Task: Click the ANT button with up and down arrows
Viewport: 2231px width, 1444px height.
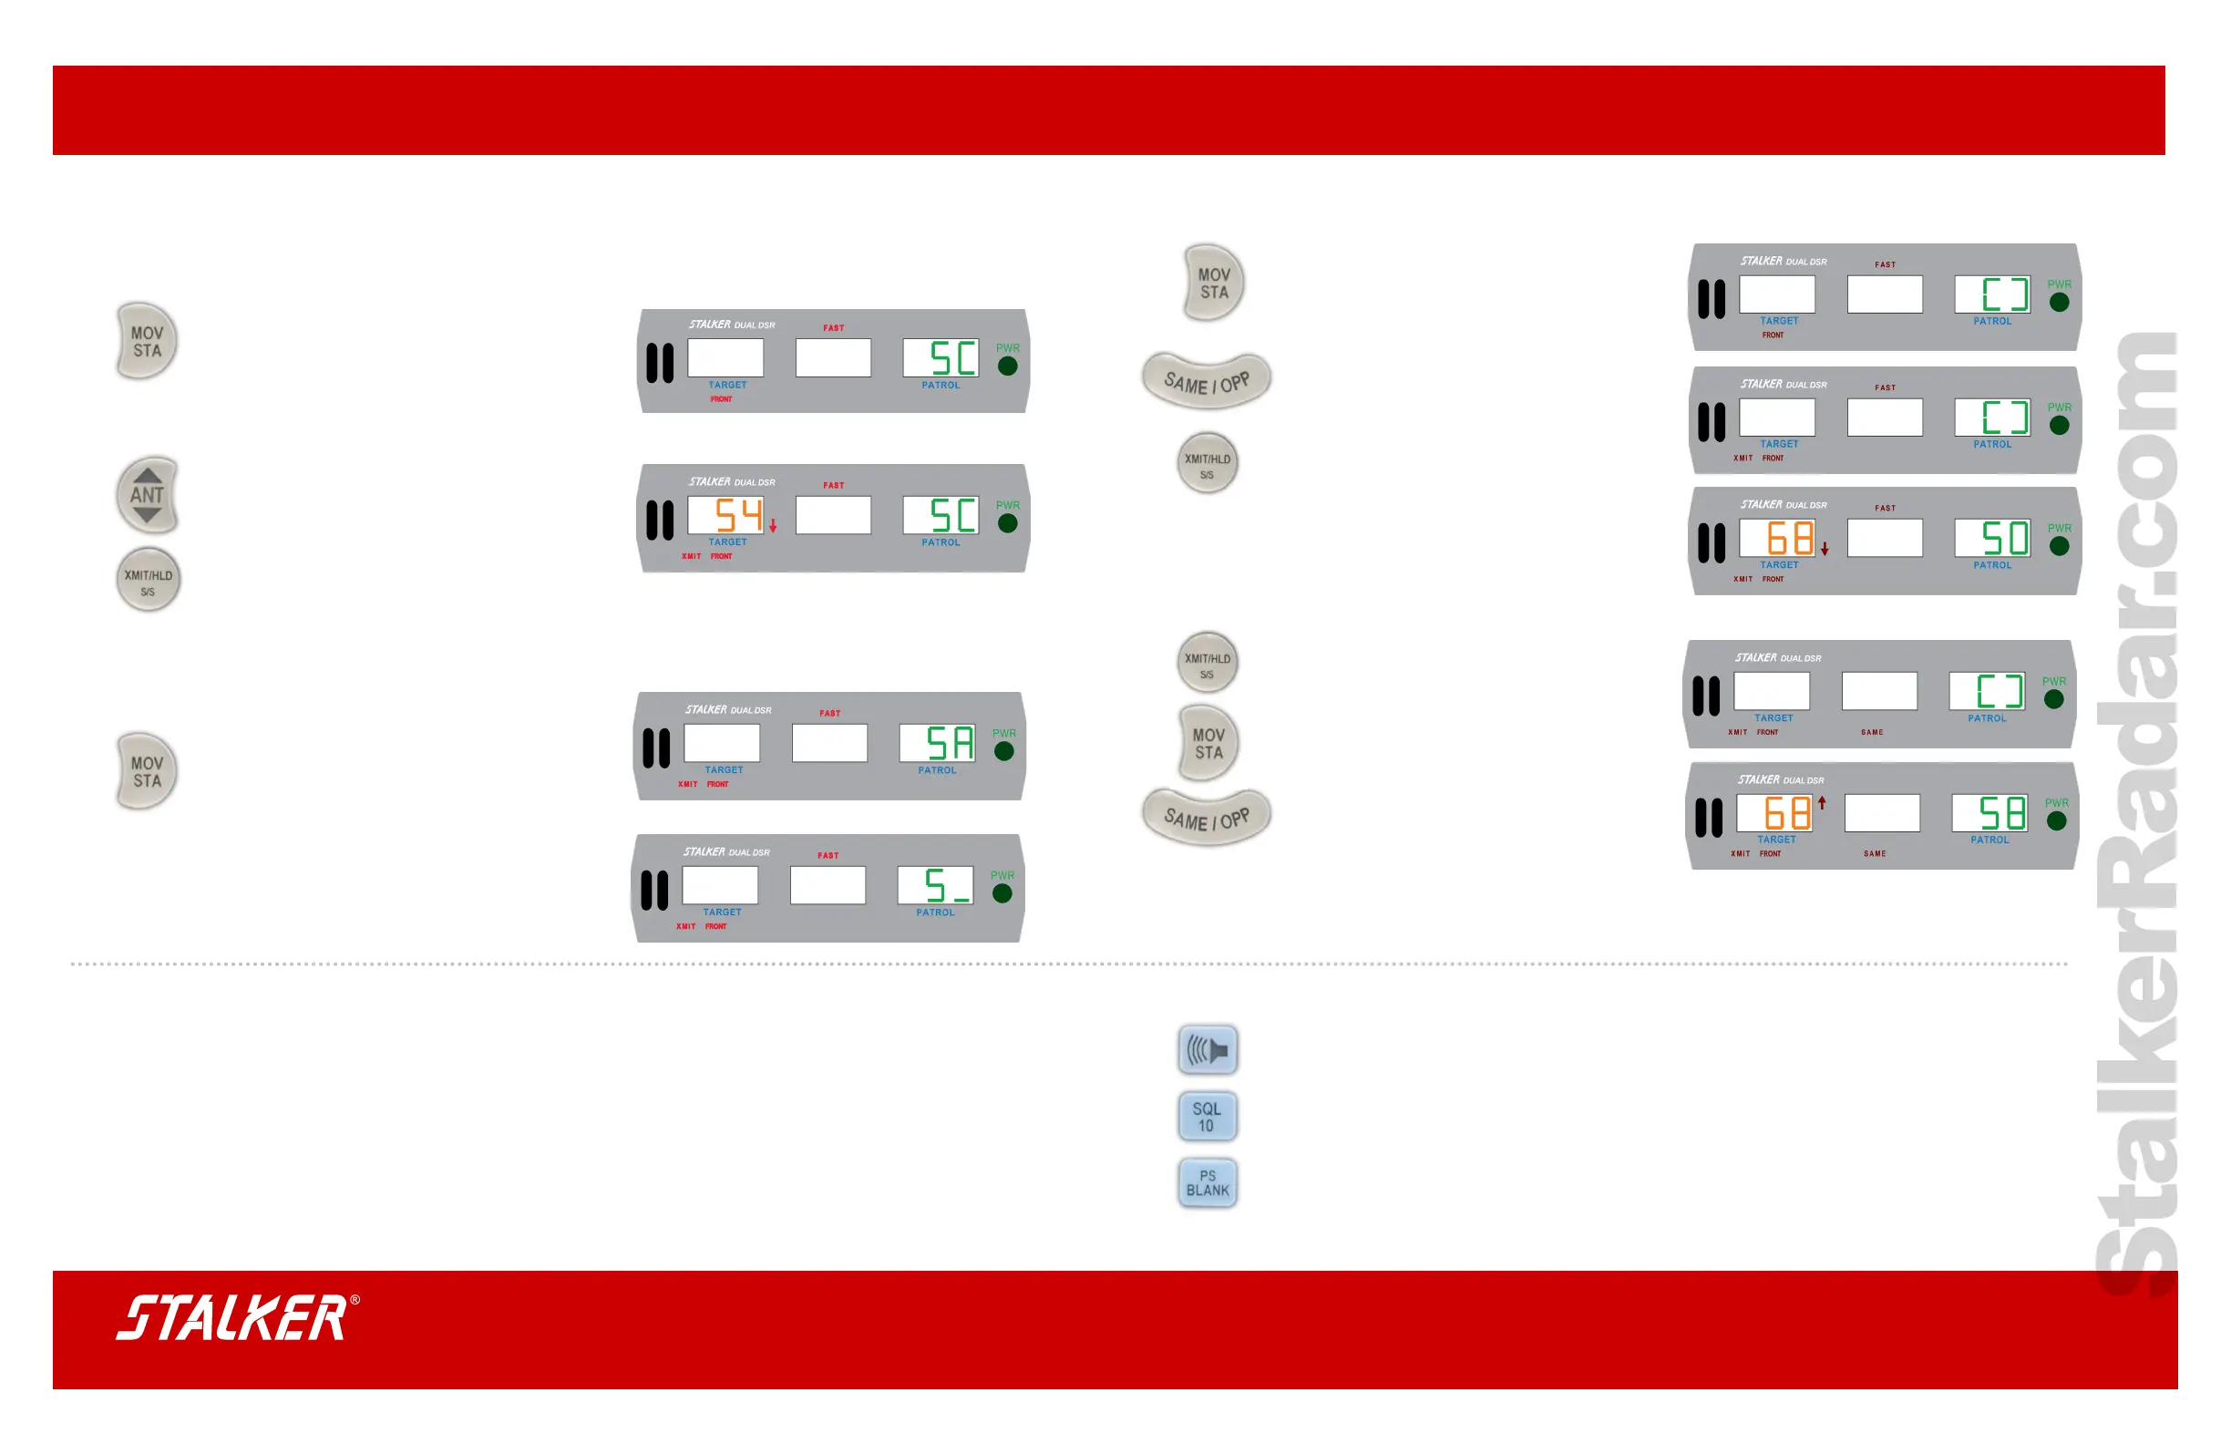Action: tap(147, 495)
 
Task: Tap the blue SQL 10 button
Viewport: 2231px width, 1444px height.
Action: tap(1207, 1117)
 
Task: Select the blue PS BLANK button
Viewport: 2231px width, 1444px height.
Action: tap(1207, 1182)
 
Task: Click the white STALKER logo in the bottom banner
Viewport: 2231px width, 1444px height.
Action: tap(231, 1317)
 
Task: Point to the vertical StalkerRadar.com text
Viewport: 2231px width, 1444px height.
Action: tap(2137, 816)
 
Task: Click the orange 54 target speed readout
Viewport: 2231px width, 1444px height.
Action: tap(739, 515)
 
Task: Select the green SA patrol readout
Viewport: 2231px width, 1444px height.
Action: tap(949, 744)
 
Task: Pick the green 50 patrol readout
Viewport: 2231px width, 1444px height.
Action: tap(2004, 538)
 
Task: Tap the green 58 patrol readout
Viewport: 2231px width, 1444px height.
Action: tap(2001, 813)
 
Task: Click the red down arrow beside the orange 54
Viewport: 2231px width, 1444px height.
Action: tap(774, 527)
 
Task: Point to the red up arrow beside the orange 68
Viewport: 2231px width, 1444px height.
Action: tap(1823, 802)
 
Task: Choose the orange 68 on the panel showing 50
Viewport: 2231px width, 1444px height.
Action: tap(1790, 538)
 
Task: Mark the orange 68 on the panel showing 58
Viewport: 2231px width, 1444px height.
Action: tap(1786, 813)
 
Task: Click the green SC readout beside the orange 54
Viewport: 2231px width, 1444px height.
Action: tap(952, 515)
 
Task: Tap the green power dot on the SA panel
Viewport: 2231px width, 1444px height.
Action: tap(1004, 751)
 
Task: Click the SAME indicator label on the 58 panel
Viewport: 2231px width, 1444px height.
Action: tap(1875, 854)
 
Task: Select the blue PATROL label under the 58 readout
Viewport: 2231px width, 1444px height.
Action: tap(1989, 841)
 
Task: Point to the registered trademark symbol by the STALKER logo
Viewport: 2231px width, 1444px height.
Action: tap(355, 1301)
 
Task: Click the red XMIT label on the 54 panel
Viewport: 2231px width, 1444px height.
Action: tap(691, 556)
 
